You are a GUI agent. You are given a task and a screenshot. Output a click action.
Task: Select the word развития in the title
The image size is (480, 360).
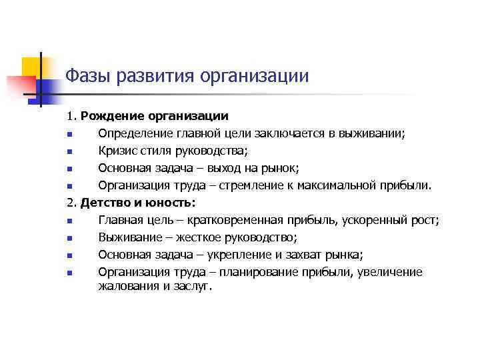click(152, 75)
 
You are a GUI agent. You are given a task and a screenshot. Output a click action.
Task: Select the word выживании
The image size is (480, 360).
click(374, 133)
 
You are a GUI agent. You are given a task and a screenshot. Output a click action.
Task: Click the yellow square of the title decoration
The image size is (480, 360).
click(31, 67)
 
